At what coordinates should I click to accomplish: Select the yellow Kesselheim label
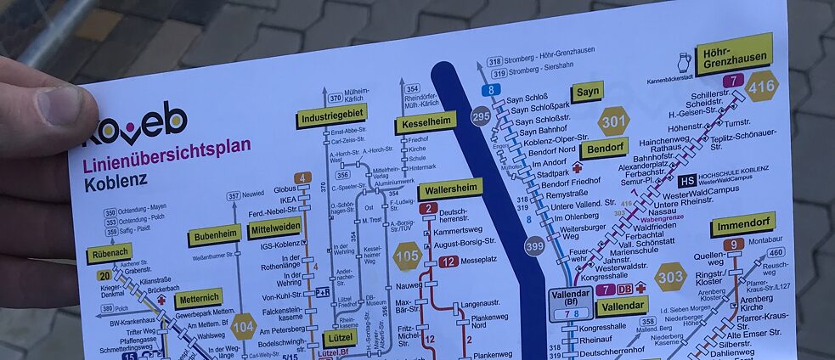tap(425, 123)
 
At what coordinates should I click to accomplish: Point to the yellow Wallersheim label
tap(449, 188)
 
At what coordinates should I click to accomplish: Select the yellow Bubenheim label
tap(213, 234)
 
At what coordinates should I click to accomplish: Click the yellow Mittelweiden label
tap(274, 228)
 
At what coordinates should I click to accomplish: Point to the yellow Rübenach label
tap(109, 253)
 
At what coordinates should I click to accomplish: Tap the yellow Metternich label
tap(199, 298)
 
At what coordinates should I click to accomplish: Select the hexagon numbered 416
tap(761, 86)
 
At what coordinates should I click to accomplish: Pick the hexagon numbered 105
tap(407, 256)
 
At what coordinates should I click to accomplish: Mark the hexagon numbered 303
tap(669, 277)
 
